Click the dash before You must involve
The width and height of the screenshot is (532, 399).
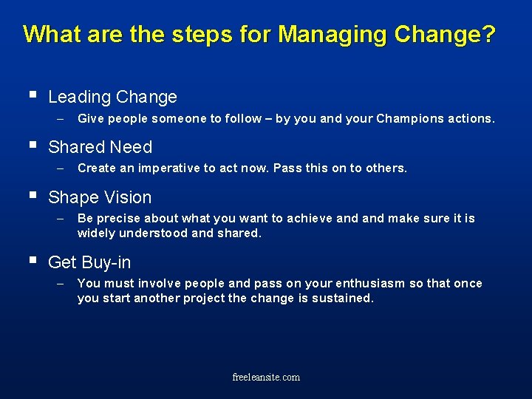tap(61, 283)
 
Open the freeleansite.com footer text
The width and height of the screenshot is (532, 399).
tap(266, 377)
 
